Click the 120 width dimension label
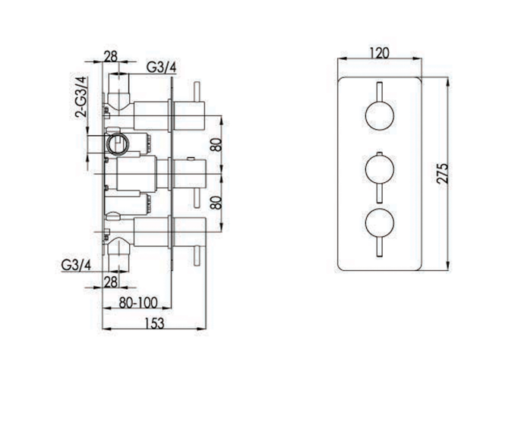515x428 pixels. click(379, 52)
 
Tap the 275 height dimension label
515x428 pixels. click(442, 173)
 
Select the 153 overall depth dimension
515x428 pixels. click(154, 323)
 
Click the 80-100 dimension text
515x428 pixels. click(138, 303)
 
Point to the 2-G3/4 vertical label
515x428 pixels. click(81, 97)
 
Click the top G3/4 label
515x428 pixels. click(161, 68)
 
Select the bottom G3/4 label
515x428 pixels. click(76, 265)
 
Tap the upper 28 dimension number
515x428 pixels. click(111, 56)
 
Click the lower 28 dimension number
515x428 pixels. click(111, 282)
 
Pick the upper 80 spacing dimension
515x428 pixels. click(216, 144)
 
